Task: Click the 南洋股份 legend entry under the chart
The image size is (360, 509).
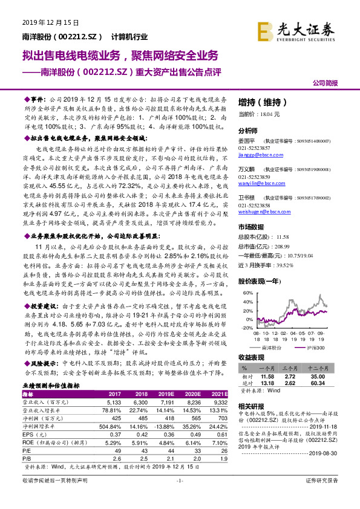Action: [x=273, y=349]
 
